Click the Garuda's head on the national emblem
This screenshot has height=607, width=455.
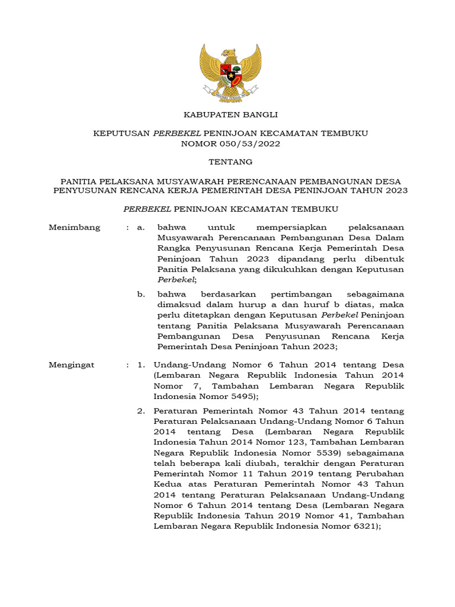229,54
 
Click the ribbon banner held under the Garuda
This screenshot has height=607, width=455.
230,91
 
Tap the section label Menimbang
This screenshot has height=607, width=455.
74,227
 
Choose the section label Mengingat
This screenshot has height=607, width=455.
73,365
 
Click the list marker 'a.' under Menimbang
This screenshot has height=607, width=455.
141,227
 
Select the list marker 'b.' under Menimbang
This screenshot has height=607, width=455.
141,294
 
